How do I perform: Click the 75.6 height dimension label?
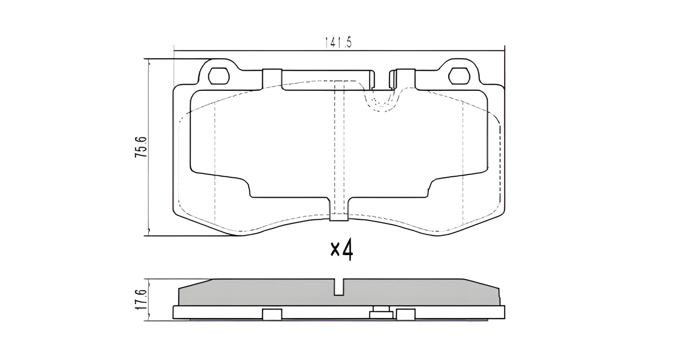coord(140,147)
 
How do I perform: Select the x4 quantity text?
coord(342,251)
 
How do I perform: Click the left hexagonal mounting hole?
coord(218,76)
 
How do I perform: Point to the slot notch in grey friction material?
coord(339,287)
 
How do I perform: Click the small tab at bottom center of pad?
coord(338,217)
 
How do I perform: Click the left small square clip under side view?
coord(272,314)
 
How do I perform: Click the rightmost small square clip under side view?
coord(405,314)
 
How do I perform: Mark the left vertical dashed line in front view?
coord(214,161)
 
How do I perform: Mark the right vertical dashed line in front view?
coord(463,161)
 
